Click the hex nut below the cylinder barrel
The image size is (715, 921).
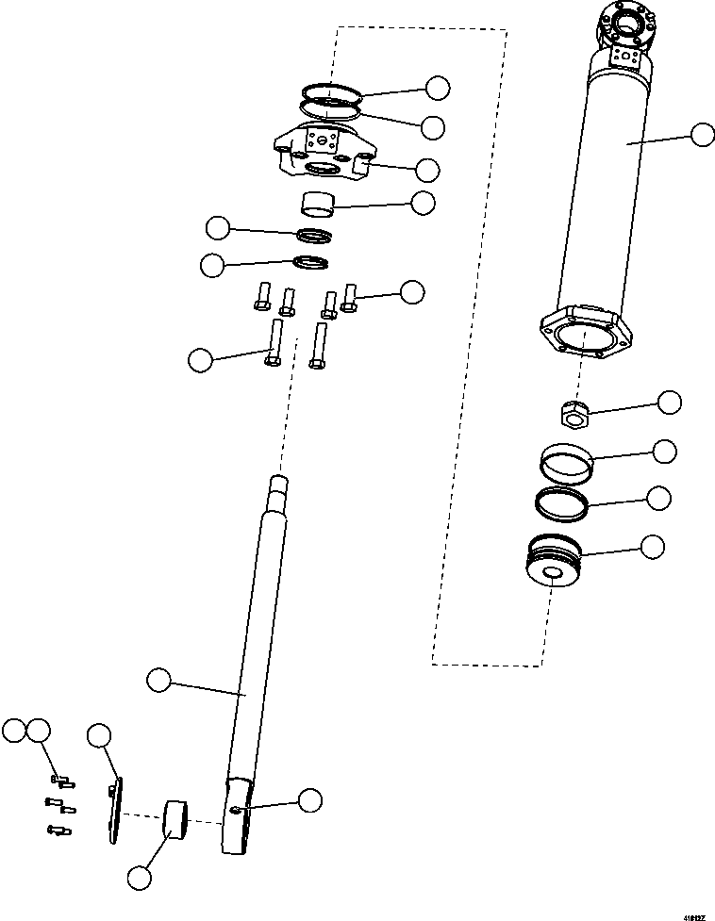click(571, 411)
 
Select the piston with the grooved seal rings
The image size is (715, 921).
click(554, 564)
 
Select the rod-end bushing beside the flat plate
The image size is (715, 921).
click(175, 817)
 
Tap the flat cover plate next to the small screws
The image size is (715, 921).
click(115, 810)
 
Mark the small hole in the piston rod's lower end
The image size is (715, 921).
click(236, 810)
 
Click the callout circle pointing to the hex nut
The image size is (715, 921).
click(669, 402)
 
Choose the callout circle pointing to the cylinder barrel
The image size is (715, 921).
click(702, 135)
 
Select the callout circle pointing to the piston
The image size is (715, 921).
click(652, 546)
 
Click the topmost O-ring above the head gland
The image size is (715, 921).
click(333, 92)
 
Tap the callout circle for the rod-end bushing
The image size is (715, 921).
click(139, 877)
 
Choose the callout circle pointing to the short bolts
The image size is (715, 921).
click(412, 291)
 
